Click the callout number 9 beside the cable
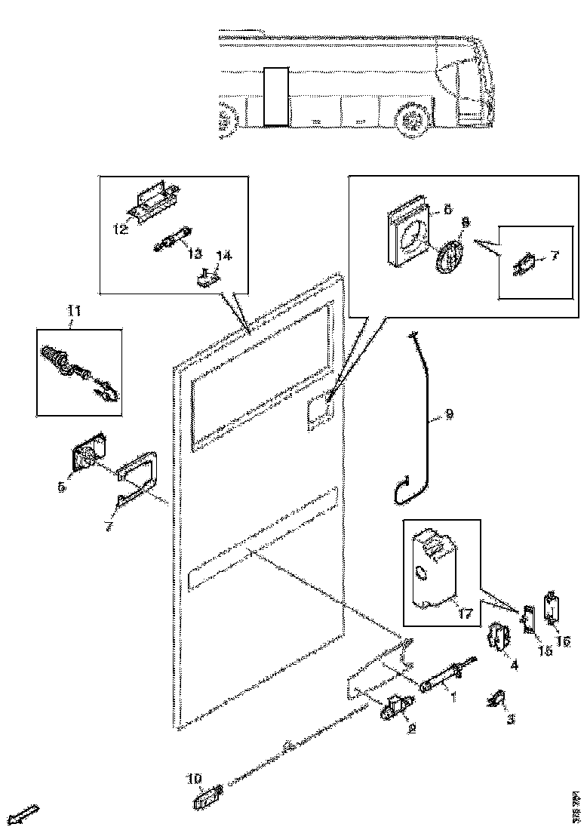[x=449, y=413]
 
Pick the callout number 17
[x=465, y=614]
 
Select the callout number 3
[x=510, y=720]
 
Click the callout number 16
[x=563, y=641]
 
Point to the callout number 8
[x=465, y=223]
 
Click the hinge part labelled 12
[x=154, y=199]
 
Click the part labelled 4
[x=498, y=638]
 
